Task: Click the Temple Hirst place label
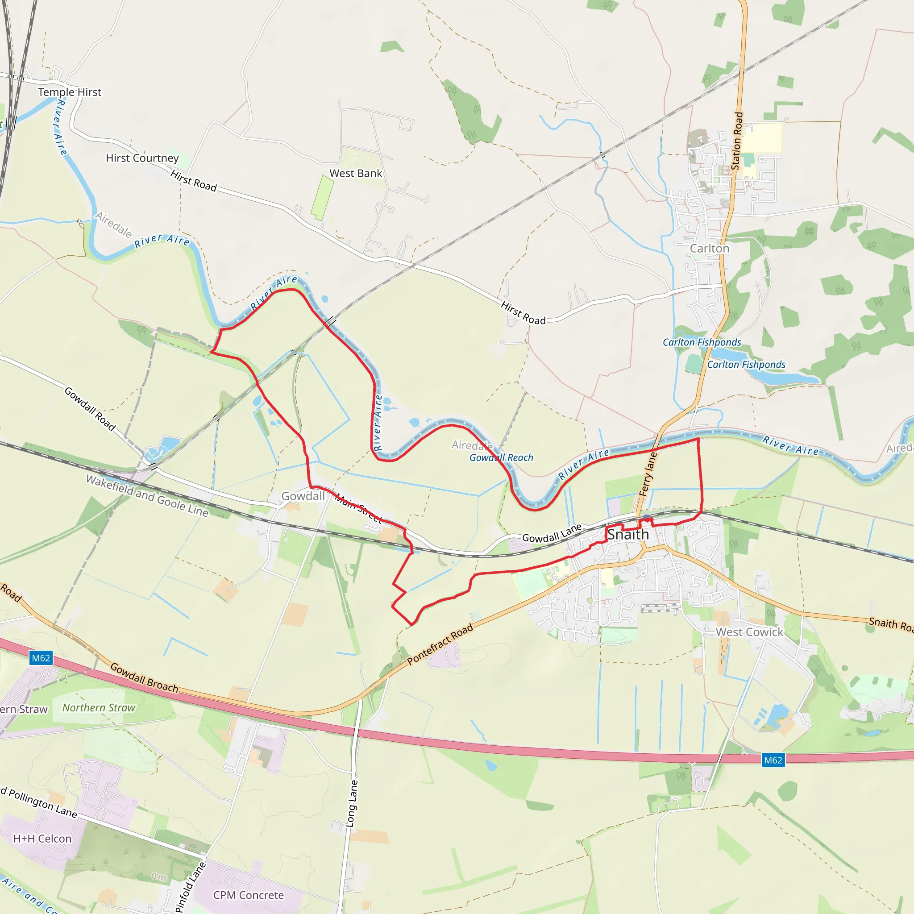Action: tap(70, 92)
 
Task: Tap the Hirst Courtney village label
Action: tap(142, 158)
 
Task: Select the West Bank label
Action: tap(355, 174)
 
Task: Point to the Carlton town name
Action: tap(709, 249)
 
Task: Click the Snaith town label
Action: tap(628, 535)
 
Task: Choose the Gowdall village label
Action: tap(303, 496)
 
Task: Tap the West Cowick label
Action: tap(749, 632)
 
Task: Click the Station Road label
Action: tap(737, 141)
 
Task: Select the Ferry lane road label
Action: tap(648, 474)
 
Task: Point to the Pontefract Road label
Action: tap(440, 644)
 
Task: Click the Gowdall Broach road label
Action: tap(144, 678)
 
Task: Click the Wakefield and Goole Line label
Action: tap(147, 495)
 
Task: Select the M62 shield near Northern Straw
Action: tap(41, 658)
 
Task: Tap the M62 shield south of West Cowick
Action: tap(773, 760)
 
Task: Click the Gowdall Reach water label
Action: tap(501, 457)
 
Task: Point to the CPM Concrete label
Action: tap(249, 895)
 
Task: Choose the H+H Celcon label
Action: tap(42, 839)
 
